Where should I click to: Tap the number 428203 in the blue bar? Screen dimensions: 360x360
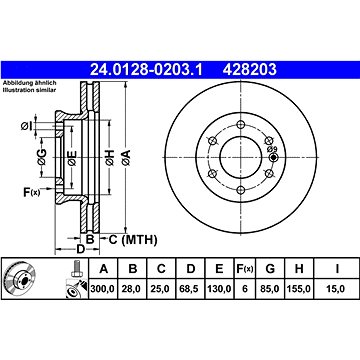(x=250, y=70)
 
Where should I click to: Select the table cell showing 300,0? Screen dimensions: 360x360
(x=102, y=289)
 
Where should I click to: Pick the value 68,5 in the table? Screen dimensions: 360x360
(x=190, y=289)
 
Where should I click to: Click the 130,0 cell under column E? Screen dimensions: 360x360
(x=219, y=289)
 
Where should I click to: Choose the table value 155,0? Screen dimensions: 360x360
(x=299, y=289)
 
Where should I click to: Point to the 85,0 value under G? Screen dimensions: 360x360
(x=270, y=289)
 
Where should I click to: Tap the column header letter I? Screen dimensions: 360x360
(x=337, y=269)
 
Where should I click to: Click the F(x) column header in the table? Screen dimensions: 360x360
(x=245, y=269)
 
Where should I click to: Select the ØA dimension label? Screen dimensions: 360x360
(x=126, y=157)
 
